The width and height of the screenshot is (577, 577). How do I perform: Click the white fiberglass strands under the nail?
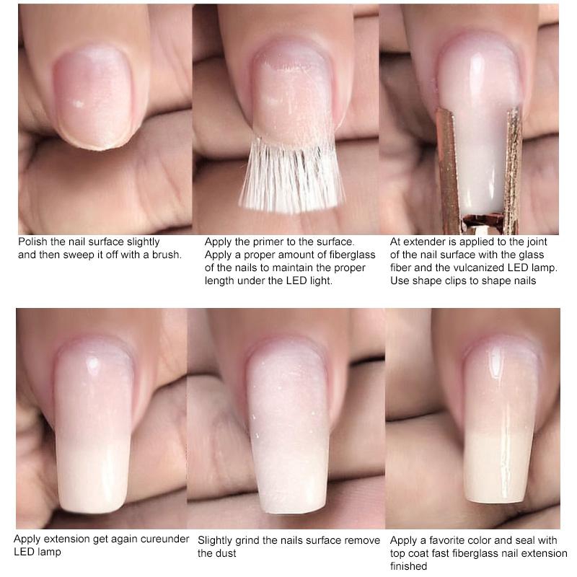291,176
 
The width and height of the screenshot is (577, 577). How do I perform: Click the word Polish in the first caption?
32,242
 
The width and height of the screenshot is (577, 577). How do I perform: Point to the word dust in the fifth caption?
226,553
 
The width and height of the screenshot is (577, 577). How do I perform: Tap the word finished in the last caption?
408,566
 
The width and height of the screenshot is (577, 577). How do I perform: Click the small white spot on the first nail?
78,104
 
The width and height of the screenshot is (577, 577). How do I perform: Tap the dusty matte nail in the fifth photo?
288,427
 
